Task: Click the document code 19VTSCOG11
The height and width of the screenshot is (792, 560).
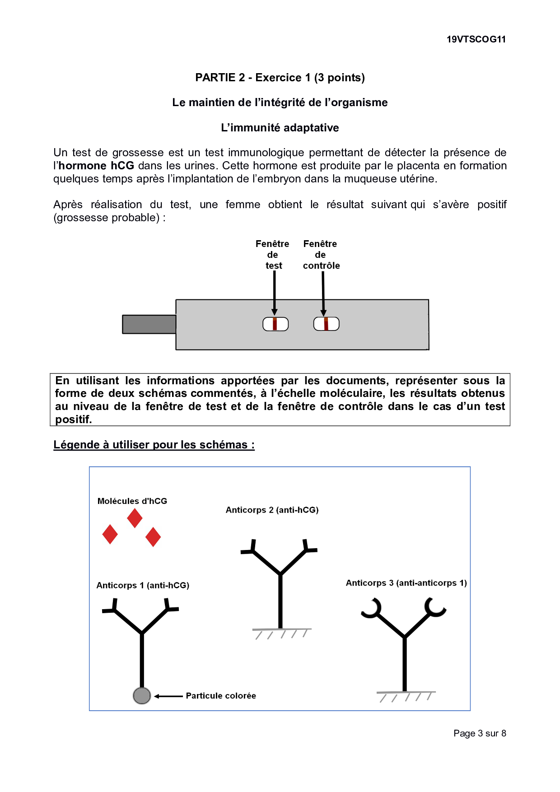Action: (476, 39)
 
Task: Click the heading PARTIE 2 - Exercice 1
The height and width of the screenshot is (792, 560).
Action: (280, 78)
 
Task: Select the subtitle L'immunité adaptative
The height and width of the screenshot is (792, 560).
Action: (280, 128)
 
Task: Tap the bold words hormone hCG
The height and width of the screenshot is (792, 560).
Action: (96, 166)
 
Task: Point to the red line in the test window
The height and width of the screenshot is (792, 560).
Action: (275, 324)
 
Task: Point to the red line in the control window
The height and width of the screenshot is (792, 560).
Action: (326, 324)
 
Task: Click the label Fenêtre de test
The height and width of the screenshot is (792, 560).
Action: (272, 255)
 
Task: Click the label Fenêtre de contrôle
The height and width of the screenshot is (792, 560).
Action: (321, 255)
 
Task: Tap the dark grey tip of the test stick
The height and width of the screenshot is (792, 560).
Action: (149, 324)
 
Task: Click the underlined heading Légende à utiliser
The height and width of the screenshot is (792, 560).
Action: (154, 445)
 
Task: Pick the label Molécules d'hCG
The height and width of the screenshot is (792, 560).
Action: (132, 501)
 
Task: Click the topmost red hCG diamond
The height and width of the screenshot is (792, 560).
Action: (135, 518)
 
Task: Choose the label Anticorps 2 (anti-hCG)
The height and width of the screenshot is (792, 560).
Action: (272, 510)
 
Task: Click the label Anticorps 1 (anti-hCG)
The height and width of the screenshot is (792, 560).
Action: (143, 586)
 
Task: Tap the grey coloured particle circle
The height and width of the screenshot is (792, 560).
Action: (142, 695)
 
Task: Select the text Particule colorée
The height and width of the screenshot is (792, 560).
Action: (221, 696)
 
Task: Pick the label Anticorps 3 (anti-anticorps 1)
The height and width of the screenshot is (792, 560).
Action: (406, 583)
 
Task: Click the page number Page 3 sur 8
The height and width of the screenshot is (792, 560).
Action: (480, 733)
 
